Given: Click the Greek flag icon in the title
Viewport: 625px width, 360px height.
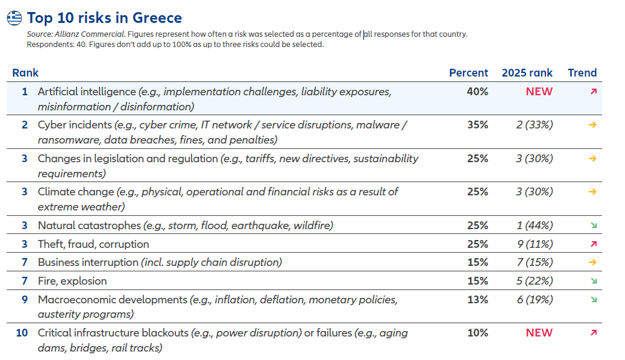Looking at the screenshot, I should [15, 18].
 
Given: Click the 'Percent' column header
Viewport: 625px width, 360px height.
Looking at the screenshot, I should [468, 73].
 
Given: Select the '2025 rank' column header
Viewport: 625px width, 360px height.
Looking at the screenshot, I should [527, 73].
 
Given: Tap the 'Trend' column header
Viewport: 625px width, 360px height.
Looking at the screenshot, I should [582, 73].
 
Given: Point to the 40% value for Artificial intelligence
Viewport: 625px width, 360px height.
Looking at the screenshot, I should [477, 92].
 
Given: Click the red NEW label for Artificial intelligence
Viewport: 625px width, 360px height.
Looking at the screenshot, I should [539, 92].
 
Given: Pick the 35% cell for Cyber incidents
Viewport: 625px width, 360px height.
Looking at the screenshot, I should [477, 125].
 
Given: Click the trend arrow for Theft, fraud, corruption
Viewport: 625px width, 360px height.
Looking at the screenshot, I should [594, 244].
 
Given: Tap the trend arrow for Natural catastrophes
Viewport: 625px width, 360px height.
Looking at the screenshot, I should [594, 226].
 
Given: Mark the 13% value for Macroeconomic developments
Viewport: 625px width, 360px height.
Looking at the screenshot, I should [477, 300].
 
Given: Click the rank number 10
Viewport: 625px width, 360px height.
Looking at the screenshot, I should [22, 333].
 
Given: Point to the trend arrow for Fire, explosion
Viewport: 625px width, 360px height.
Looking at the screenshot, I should [594, 281].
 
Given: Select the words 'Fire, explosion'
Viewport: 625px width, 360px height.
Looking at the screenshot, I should [72, 281].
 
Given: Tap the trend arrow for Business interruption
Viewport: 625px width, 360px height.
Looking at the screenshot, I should [593, 262].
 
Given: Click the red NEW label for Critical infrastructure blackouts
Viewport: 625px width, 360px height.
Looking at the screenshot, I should [539, 333].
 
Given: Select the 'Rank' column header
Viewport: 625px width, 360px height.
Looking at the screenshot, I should [25, 73].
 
